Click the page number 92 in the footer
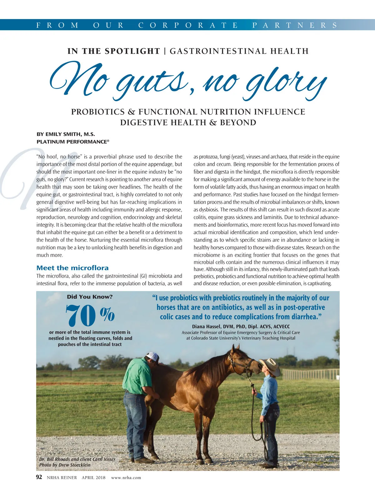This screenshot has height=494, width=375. click(x=39, y=477)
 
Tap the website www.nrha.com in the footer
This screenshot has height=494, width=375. click(x=126, y=477)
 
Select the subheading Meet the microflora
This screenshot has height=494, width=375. click(x=72, y=268)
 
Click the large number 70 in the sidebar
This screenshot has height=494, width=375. click(x=81, y=315)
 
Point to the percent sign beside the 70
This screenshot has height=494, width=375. click(x=107, y=314)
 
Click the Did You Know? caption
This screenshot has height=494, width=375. click(x=90, y=297)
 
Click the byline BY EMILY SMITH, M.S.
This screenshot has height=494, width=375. click(x=66, y=134)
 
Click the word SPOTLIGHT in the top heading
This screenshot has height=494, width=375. click(x=132, y=51)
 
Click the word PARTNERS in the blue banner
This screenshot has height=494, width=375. click(x=295, y=25)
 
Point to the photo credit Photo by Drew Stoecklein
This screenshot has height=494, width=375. click(x=65, y=465)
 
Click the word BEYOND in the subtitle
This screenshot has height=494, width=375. click(x=238, y=123)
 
